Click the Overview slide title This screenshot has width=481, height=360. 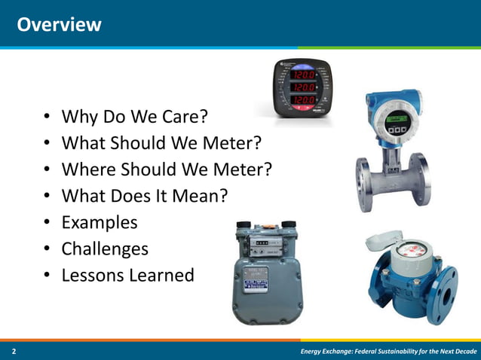point(59,24)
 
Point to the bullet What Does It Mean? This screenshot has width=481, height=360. point(144,196)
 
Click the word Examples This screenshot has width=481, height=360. point(100,222)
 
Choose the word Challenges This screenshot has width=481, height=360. point(105,249)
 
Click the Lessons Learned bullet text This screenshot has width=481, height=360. point(127,275)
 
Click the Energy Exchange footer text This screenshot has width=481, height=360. point(387,352)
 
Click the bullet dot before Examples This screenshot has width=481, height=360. point(47,223)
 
